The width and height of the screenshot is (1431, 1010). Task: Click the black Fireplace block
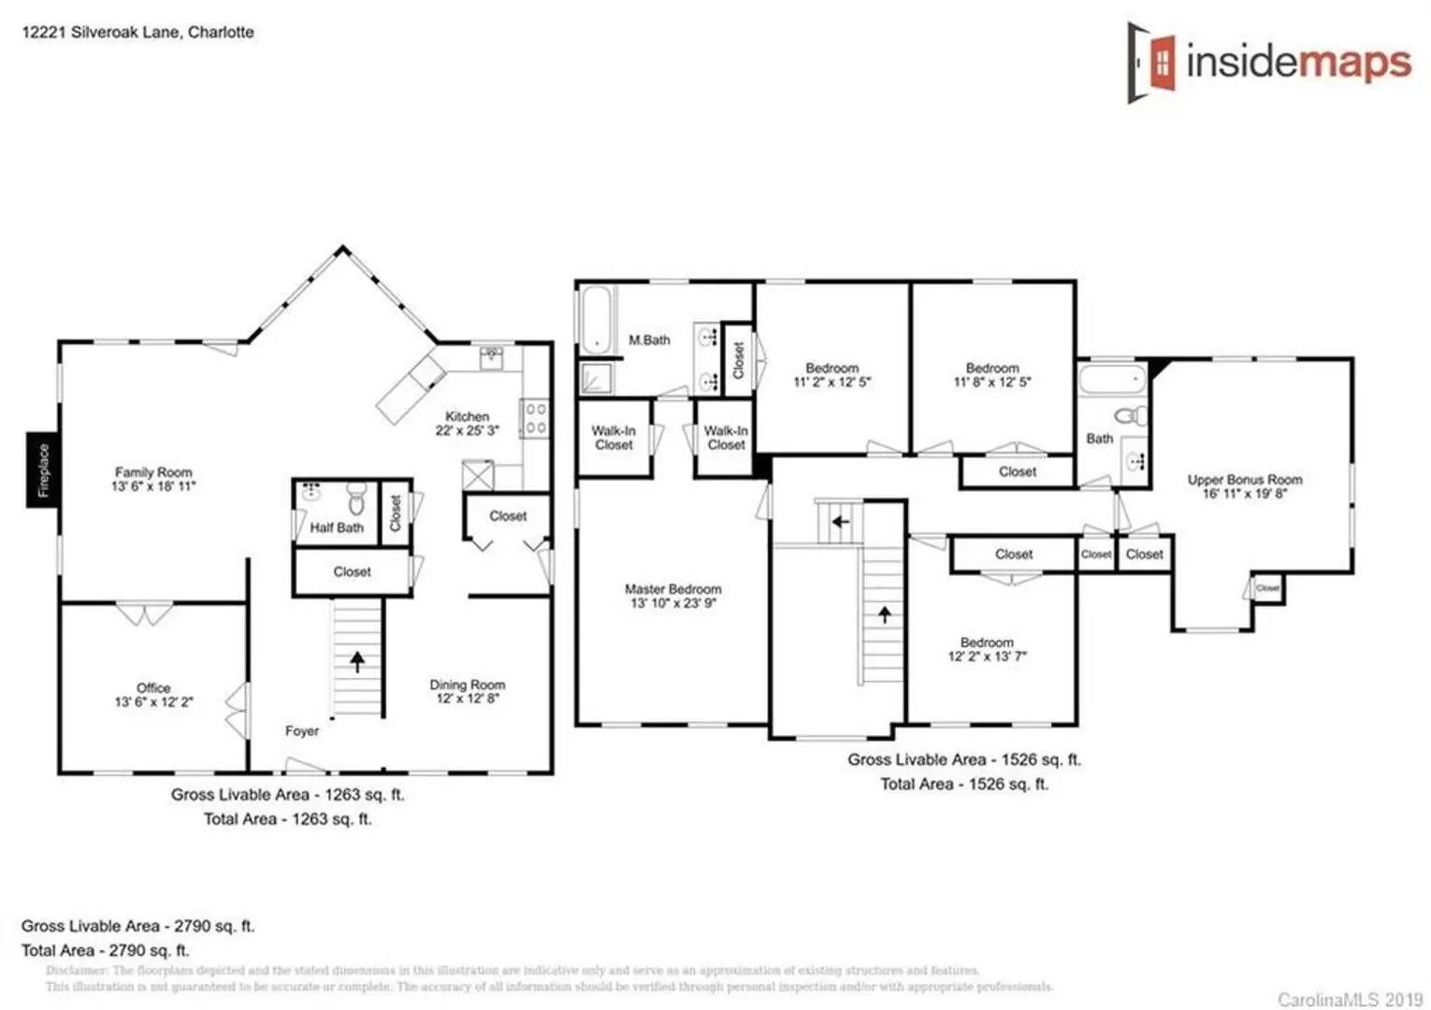pos(42,470)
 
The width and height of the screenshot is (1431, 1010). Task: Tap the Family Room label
pos(153,473)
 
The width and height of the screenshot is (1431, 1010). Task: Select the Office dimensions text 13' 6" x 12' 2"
pos(153,702)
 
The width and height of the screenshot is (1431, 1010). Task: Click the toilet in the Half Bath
pos(356,496)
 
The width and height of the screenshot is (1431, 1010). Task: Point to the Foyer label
pos(302,731)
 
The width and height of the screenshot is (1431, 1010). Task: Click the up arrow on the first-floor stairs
pos(357,661)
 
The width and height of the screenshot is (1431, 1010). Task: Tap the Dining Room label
pos(467,685)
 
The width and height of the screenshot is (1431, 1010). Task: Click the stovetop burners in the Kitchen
pos(536,418)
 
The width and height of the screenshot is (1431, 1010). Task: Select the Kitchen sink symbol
pos(492,357)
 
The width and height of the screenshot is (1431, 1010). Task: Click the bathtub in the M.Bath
pos(596,320)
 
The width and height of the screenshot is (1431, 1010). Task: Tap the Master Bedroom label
pos(672,590)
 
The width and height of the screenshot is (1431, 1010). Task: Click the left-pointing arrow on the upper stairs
pos(840,522)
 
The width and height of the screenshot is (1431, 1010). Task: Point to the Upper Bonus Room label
pos(1244,480)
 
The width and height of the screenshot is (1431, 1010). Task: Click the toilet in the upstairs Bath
pos(1131,415)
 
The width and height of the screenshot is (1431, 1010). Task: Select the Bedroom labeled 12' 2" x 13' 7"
pos(987,649)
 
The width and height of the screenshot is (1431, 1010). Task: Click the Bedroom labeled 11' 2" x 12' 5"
pos(831,375)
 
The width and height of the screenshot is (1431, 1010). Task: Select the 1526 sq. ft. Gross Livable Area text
pos(963,760)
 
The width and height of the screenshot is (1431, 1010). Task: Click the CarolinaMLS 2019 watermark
pos(1350,1000)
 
